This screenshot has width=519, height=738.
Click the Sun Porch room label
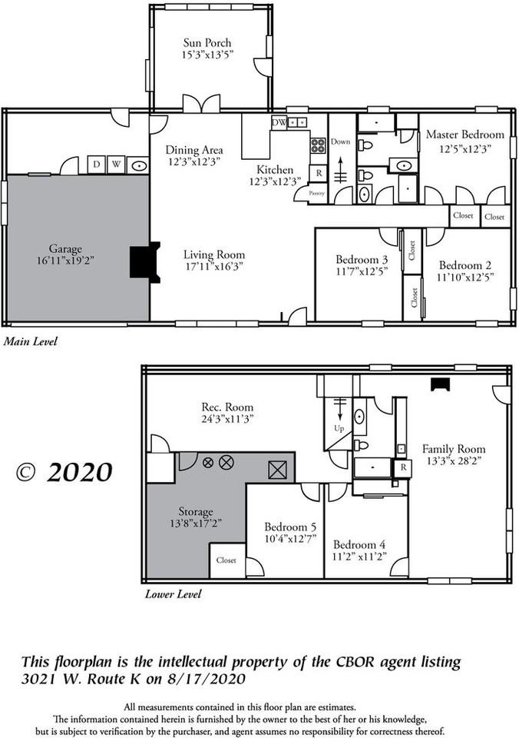pos(207,43)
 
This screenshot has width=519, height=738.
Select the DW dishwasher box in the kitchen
pos(279,122)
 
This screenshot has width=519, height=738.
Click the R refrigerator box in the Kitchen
pos(317,173)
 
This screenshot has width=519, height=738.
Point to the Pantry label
pos(316,194)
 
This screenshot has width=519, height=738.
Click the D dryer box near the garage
pos(96,165)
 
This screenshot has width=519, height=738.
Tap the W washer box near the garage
pos(116,165)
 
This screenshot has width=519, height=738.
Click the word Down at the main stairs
pos(340,142)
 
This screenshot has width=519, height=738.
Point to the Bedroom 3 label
pos(361,259)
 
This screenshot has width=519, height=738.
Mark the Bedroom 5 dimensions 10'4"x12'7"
pos(290,538)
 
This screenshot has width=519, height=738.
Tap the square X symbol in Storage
pos(276,467)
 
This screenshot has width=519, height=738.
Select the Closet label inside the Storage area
pos(226,560)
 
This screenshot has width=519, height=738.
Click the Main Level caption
pos(30,340)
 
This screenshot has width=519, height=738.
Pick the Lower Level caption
pos(174,593)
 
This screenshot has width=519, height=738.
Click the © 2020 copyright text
pos(64,471)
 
